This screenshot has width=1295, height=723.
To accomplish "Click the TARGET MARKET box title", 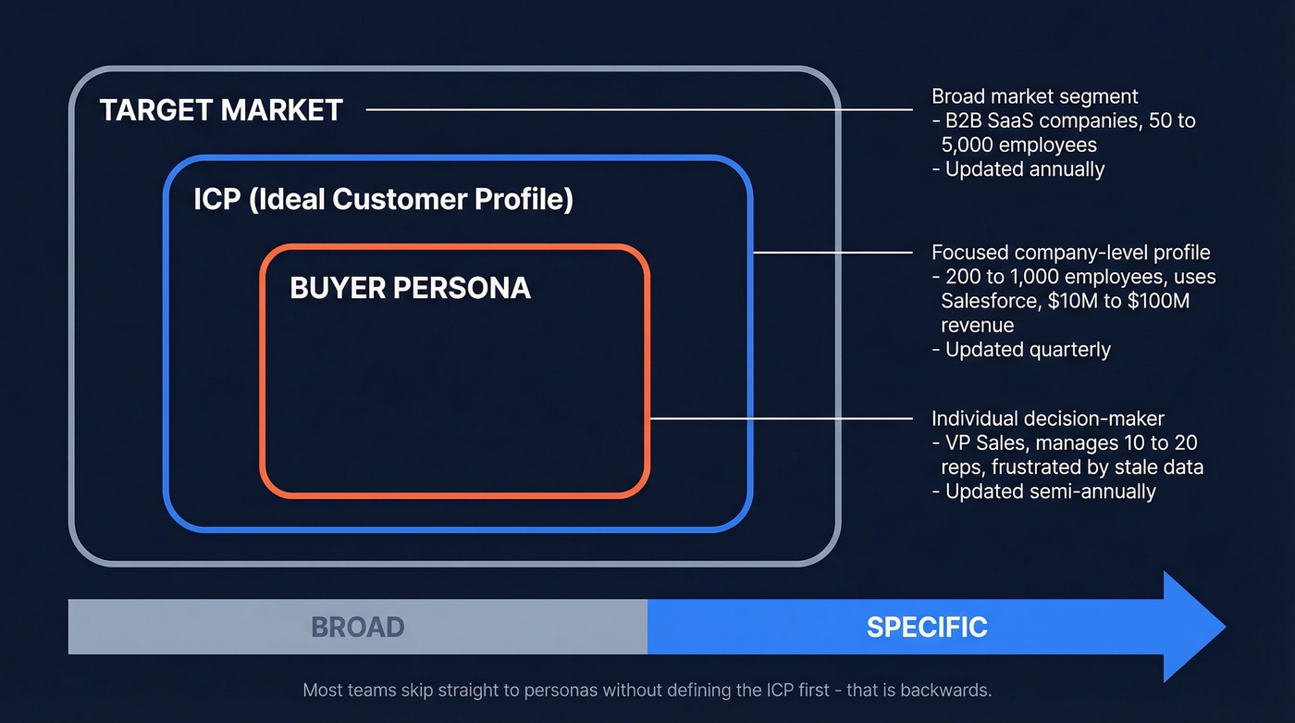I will pyautogui.click(x=221, y=110).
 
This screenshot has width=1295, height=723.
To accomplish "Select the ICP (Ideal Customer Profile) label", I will pyautogui.click(x=383, y=199).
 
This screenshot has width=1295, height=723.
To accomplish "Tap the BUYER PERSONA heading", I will pyautogui.click(x=410, y=288).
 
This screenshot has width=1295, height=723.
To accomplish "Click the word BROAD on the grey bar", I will pyautogui.click(x=358, y=627).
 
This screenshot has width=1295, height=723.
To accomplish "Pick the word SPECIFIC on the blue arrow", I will pyautogui.click(x=927, y=627).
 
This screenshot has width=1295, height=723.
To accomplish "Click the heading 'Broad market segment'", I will pyautogui.click(x=1034, y=96).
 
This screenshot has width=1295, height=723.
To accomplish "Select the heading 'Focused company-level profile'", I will pyautogui.click(x=1070, y=253).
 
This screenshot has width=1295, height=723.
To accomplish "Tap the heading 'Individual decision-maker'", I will pyautogui.click(x=1048, y=418).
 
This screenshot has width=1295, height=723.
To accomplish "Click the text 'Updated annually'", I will pyautogui.click(x=1025, y=169).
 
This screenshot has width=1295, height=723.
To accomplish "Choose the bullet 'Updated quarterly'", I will pyautogui.click(x=1028, y=350).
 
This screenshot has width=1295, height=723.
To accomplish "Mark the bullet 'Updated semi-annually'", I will pyautogui.click(x=1050, y=492).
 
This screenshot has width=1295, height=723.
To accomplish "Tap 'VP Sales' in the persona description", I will pyautogui.click(x=981, y=443).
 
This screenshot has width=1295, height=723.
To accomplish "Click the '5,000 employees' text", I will pyautogui.click(x=1018, y=145).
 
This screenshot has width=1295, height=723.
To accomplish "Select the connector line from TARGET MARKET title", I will pyautogui.click(x=638, y=109).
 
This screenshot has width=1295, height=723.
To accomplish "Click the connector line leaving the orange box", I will pyautogui.click(x=782, y=418).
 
